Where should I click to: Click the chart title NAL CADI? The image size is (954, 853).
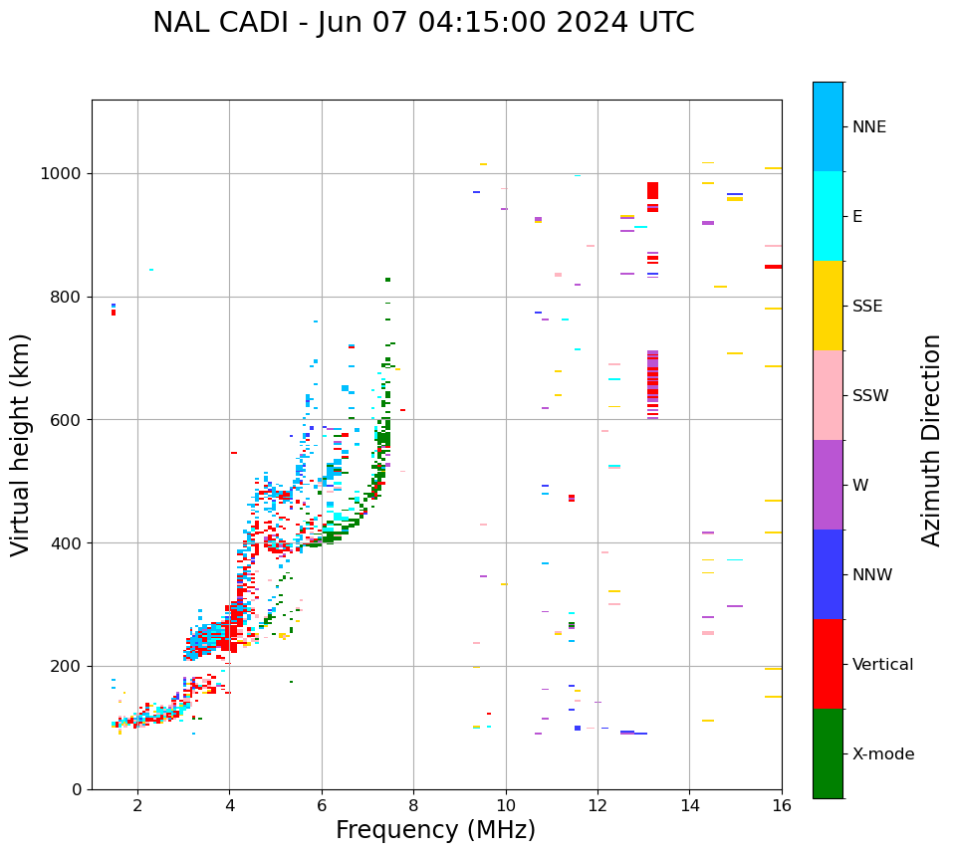point(423,23)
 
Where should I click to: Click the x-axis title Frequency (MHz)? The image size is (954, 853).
point(435,830)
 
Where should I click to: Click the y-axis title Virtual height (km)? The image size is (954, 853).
point(21,444)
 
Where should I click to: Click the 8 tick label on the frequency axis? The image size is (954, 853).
point(413,805)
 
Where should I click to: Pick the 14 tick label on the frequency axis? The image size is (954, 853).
point(689,805)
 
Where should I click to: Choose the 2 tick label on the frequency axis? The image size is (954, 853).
point(137,805)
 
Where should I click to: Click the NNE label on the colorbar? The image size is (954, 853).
point(868,127)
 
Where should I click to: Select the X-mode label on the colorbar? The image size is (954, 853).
point(882,754)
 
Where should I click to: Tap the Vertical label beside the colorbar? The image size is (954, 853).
point(882,665)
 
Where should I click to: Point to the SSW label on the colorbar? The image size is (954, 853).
point(870,396)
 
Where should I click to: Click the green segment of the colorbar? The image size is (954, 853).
point(828,753)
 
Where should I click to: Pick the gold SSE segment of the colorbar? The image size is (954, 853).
point(828,306)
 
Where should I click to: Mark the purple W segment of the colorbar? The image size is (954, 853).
point(828,485)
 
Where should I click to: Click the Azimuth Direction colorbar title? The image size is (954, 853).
point(931,440)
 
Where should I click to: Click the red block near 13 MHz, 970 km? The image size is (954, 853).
point(652,190)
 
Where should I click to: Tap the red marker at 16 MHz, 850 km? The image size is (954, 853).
point(773,267)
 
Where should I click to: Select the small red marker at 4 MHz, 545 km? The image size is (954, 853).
point(234,453)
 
